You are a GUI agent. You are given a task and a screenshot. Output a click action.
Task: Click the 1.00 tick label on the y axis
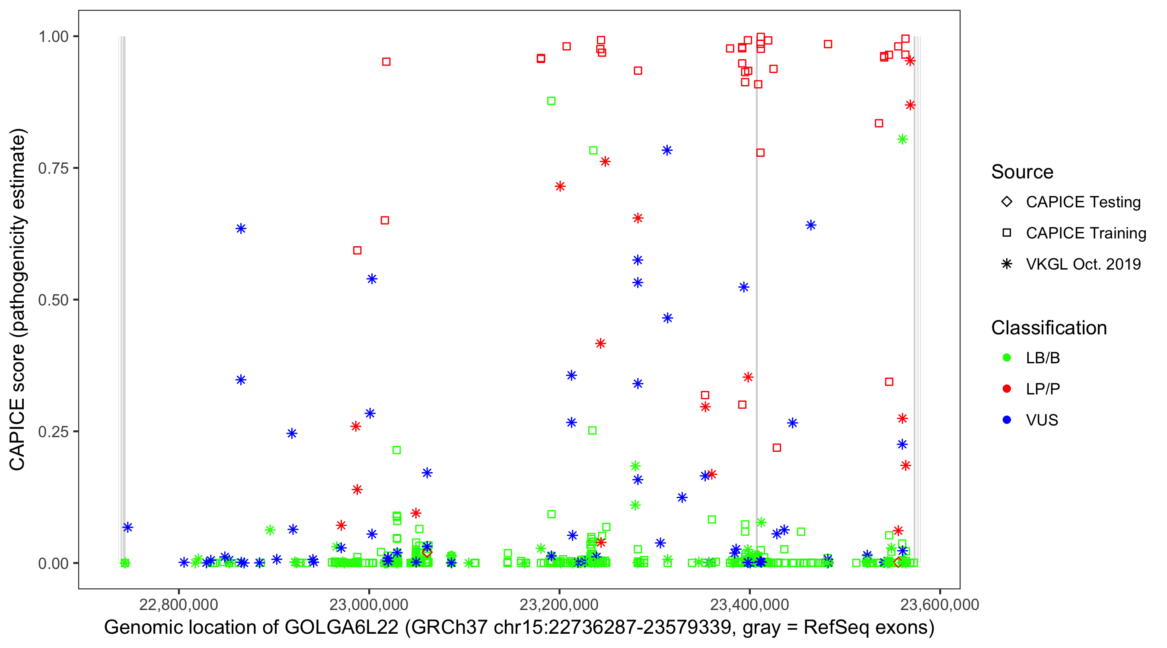pyautogui.click(x=53, y=37)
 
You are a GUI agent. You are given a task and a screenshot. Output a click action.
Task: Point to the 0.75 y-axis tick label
pyautogui.click(x=53, y=168)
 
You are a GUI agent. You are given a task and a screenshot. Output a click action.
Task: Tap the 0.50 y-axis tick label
pyautogui.click(x=53, y=300)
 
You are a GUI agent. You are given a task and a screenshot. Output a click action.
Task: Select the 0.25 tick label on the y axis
pyautogui.click(x=53, y=432)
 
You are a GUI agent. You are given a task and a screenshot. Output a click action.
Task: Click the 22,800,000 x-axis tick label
pyautogui.click(x=179, y=604)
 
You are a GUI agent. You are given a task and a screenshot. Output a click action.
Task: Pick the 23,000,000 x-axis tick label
pyautogui.click(x=369, y=604)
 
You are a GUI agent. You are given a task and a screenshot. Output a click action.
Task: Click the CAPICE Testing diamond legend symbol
pyautogui.click(x=1007, y=201)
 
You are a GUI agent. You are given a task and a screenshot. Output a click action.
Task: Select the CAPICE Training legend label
pyautogui.click(x=1086, y=233)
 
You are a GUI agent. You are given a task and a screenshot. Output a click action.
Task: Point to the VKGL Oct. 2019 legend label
pyautogui.click(x=1083, y=264)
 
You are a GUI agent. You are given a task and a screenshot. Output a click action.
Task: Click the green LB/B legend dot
pyautogui.click(x=1007, y=358)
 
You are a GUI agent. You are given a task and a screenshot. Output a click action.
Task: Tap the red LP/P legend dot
pyautogui.click(x=1007, y=389)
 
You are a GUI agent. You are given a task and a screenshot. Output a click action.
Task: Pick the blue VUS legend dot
pyautogui.click(x=1007, y=420)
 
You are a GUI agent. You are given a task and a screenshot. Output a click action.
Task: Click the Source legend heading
pyautogui.click(x=1022, y=172)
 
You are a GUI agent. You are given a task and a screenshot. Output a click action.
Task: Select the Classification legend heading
pyautogui.click(x=1049, y=328)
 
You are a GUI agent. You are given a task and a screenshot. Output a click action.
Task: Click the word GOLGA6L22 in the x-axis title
pyautogui.click(x=341, y=628)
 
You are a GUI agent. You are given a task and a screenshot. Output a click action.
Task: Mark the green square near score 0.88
pyautogui.click(x=551, y=101)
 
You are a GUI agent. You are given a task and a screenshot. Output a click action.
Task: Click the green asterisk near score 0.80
pyautogui.click(x=902, y=140)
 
